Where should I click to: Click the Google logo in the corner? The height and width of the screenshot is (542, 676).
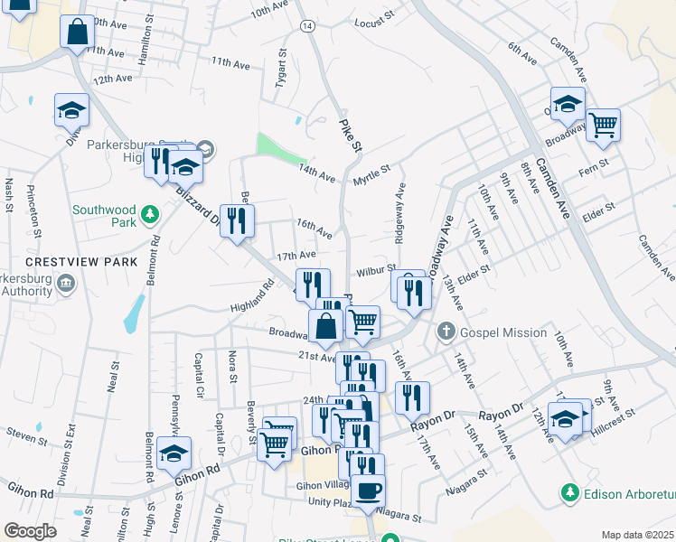coord(30,531)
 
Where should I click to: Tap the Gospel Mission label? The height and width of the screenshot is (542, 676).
coord(503,332)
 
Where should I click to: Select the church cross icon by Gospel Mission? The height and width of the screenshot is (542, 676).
coord(446,332)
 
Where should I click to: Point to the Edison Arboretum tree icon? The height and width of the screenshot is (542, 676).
coord(570,492)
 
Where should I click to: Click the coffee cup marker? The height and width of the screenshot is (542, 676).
coord(367,491)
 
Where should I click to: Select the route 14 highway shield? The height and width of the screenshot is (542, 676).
coord(309,27)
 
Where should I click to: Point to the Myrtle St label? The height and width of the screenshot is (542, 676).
coord(371,170)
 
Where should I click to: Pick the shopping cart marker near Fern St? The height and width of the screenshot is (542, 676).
coord(603,124)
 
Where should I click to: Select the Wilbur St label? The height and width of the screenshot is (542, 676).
coord(376,270)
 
